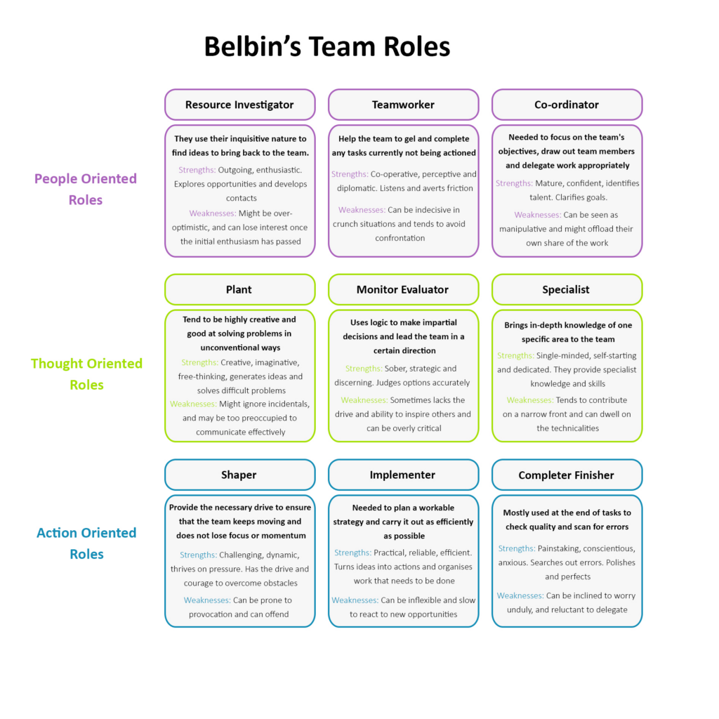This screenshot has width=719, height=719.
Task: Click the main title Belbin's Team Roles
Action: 326,47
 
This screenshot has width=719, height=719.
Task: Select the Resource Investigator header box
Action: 239,105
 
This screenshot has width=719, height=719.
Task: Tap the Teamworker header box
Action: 403,105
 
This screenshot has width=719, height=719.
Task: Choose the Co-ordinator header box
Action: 567,105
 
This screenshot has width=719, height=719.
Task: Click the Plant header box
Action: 239,289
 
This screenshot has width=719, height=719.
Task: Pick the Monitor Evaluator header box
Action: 403,289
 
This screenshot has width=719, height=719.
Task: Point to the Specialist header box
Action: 567,289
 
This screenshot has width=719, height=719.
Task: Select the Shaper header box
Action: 239,475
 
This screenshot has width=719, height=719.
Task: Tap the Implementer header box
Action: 403,475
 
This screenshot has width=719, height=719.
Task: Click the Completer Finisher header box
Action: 567,475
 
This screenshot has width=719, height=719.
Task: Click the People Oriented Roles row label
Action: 86,189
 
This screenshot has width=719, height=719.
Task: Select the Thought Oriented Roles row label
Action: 86,374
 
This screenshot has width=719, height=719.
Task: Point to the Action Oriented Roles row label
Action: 86,543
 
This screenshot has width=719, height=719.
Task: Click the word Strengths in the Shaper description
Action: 198,555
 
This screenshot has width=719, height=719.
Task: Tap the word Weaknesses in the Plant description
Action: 193,404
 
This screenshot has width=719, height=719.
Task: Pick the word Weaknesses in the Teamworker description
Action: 361,210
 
